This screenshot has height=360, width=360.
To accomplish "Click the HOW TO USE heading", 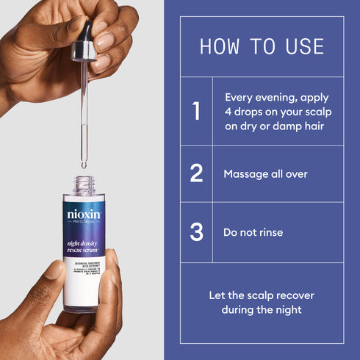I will point(262,47).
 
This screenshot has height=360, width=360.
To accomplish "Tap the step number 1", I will point(196,111).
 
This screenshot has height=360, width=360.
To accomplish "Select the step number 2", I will point(196,173).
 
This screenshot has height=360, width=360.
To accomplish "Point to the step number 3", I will point(196,232).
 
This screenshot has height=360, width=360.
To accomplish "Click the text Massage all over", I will point(265,174).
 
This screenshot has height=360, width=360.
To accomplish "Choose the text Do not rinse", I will point(253,232).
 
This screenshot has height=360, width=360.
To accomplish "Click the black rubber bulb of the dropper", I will point(87,30).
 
